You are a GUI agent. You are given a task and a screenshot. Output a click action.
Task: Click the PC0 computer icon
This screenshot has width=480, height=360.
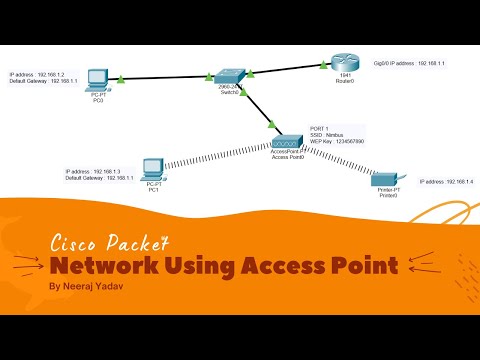(x=97, y=78)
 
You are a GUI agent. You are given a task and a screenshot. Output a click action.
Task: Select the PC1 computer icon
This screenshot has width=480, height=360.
(x=153, y=169)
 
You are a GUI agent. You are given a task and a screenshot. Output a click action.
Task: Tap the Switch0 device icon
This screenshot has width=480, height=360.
(x=229, y=77)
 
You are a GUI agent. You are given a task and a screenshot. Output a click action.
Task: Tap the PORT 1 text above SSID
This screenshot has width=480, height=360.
(x=320, y=129)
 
